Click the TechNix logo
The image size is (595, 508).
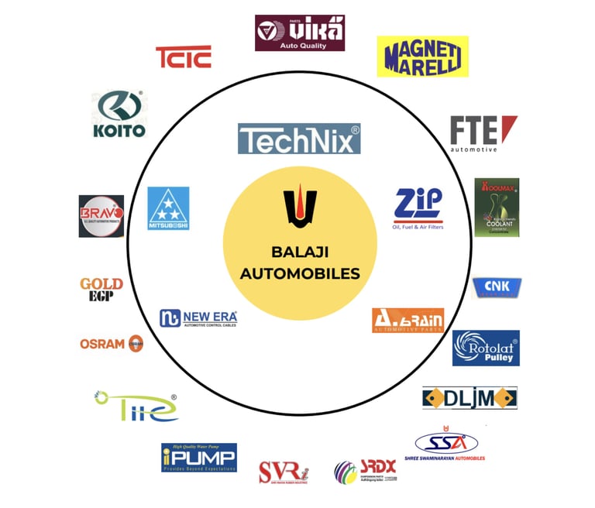(298, 139)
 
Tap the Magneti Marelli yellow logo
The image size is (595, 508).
(422, 56)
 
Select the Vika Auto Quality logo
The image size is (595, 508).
(299, 33)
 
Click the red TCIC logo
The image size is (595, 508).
(183, 57)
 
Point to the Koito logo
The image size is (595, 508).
(119, 115)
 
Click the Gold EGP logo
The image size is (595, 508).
(101, 290)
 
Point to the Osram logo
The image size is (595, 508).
(112, 343)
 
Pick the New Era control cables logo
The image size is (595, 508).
(198, 318)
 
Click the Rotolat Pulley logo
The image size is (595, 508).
(486, 348)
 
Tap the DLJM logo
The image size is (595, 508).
(469, 398)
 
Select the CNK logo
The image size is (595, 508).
(497, 288)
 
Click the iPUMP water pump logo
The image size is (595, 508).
(198, 457)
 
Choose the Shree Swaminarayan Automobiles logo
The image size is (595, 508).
(449, 444)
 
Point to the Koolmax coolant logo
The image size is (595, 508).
(497, 207)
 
